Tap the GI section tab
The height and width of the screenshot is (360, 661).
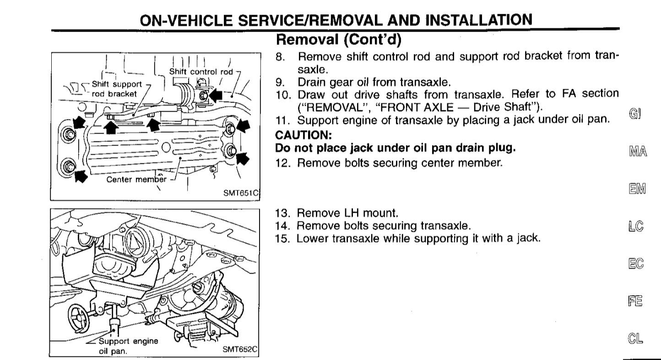(x=635, y=113)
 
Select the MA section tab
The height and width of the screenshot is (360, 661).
(x=638, y=151)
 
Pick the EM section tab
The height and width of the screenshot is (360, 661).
(x=637, y=189)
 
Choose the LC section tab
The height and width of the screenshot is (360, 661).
(x=636, y=226)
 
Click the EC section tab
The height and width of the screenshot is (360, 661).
(x=636, y=263)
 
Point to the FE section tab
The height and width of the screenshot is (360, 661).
(x=635, y=301)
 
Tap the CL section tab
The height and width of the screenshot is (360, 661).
(x=635, y=339)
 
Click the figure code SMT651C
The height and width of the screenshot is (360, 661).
(x=241, y=193)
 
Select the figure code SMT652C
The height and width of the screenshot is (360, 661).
(x=240, y=349)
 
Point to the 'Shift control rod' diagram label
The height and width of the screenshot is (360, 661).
(x=201, y=72)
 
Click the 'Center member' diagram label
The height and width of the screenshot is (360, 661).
(x=136, y=179)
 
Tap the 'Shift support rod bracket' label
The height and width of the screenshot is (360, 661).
(x=117, y=89)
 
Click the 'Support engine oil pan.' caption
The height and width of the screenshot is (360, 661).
(x=128, y=346)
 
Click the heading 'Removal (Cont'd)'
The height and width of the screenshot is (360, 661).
(x=339, y=39)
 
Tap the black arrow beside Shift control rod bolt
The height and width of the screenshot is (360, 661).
(x=216, y=95)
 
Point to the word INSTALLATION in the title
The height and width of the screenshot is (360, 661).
(x=479, y=20)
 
